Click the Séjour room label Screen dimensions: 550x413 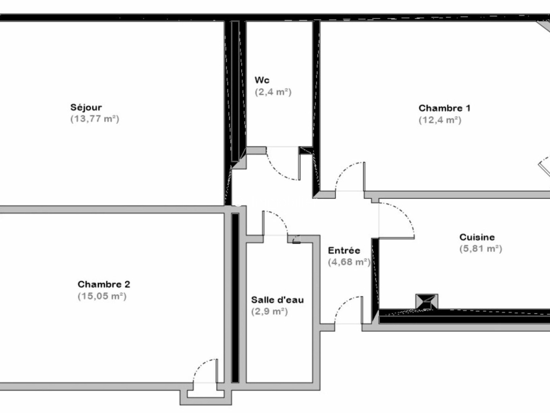(x=86, y=108)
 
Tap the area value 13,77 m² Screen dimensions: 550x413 (x=95, y=119)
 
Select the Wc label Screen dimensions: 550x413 (x=262, y=80)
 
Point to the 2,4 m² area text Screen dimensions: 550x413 (x=273, y=92)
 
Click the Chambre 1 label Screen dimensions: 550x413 (x=444, y=108)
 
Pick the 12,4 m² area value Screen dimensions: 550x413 (x=440, y=120)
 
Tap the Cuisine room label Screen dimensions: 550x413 (x=477, y=237)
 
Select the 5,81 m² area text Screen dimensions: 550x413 (x=481, y=248)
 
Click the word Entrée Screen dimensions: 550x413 (x=344, y=251)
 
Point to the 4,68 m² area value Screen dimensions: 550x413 (x=349, y=262)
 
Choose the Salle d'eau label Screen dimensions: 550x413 (x=278, y=300)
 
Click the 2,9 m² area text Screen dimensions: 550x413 (x=270, y=311)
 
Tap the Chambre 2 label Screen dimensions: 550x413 (x=104, y=284)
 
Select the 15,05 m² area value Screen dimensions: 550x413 (x=102, y=296)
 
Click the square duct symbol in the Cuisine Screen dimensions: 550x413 (x=426, y=302)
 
